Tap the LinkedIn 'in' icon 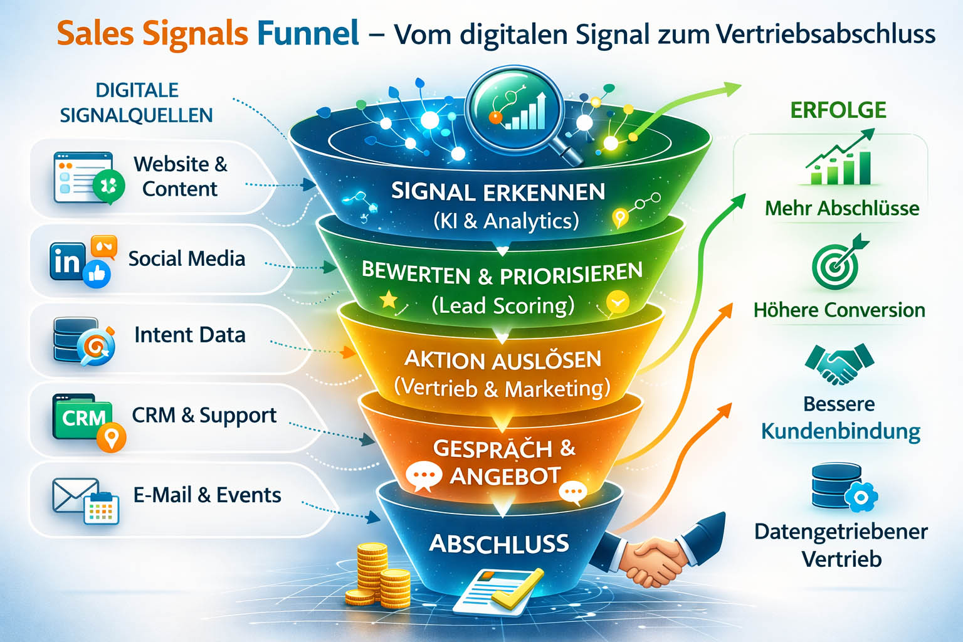(x=66, y=261)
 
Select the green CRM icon (x=83, y=417)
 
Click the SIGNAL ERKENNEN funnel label (x=498, y=192)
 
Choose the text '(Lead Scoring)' (x=503, y=305)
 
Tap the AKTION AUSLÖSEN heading (x=503, y=360)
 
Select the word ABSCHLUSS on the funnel (x=499, y=543)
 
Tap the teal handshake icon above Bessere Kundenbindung (x=839, y=363)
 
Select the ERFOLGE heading (x=838, y=110)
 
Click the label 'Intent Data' (x=189, y=335)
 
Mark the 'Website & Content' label (x=180, y=176)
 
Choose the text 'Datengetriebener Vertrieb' (x=841, y=545)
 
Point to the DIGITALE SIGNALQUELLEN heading (x=137, y=103)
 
